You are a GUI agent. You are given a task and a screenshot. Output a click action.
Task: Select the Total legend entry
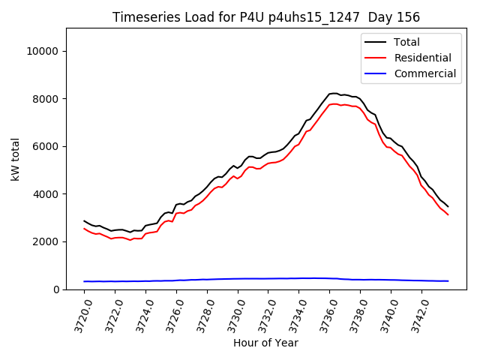click(x=406, y=42)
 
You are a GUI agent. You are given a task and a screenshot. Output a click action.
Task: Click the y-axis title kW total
click(x=16, y=158)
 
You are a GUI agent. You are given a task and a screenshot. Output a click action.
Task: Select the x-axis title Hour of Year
click(x=265, y=343)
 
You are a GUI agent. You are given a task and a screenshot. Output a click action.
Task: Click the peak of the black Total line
click(x=334, y=93)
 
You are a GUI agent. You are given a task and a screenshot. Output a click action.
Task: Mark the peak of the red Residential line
click(x=334, y=103)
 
